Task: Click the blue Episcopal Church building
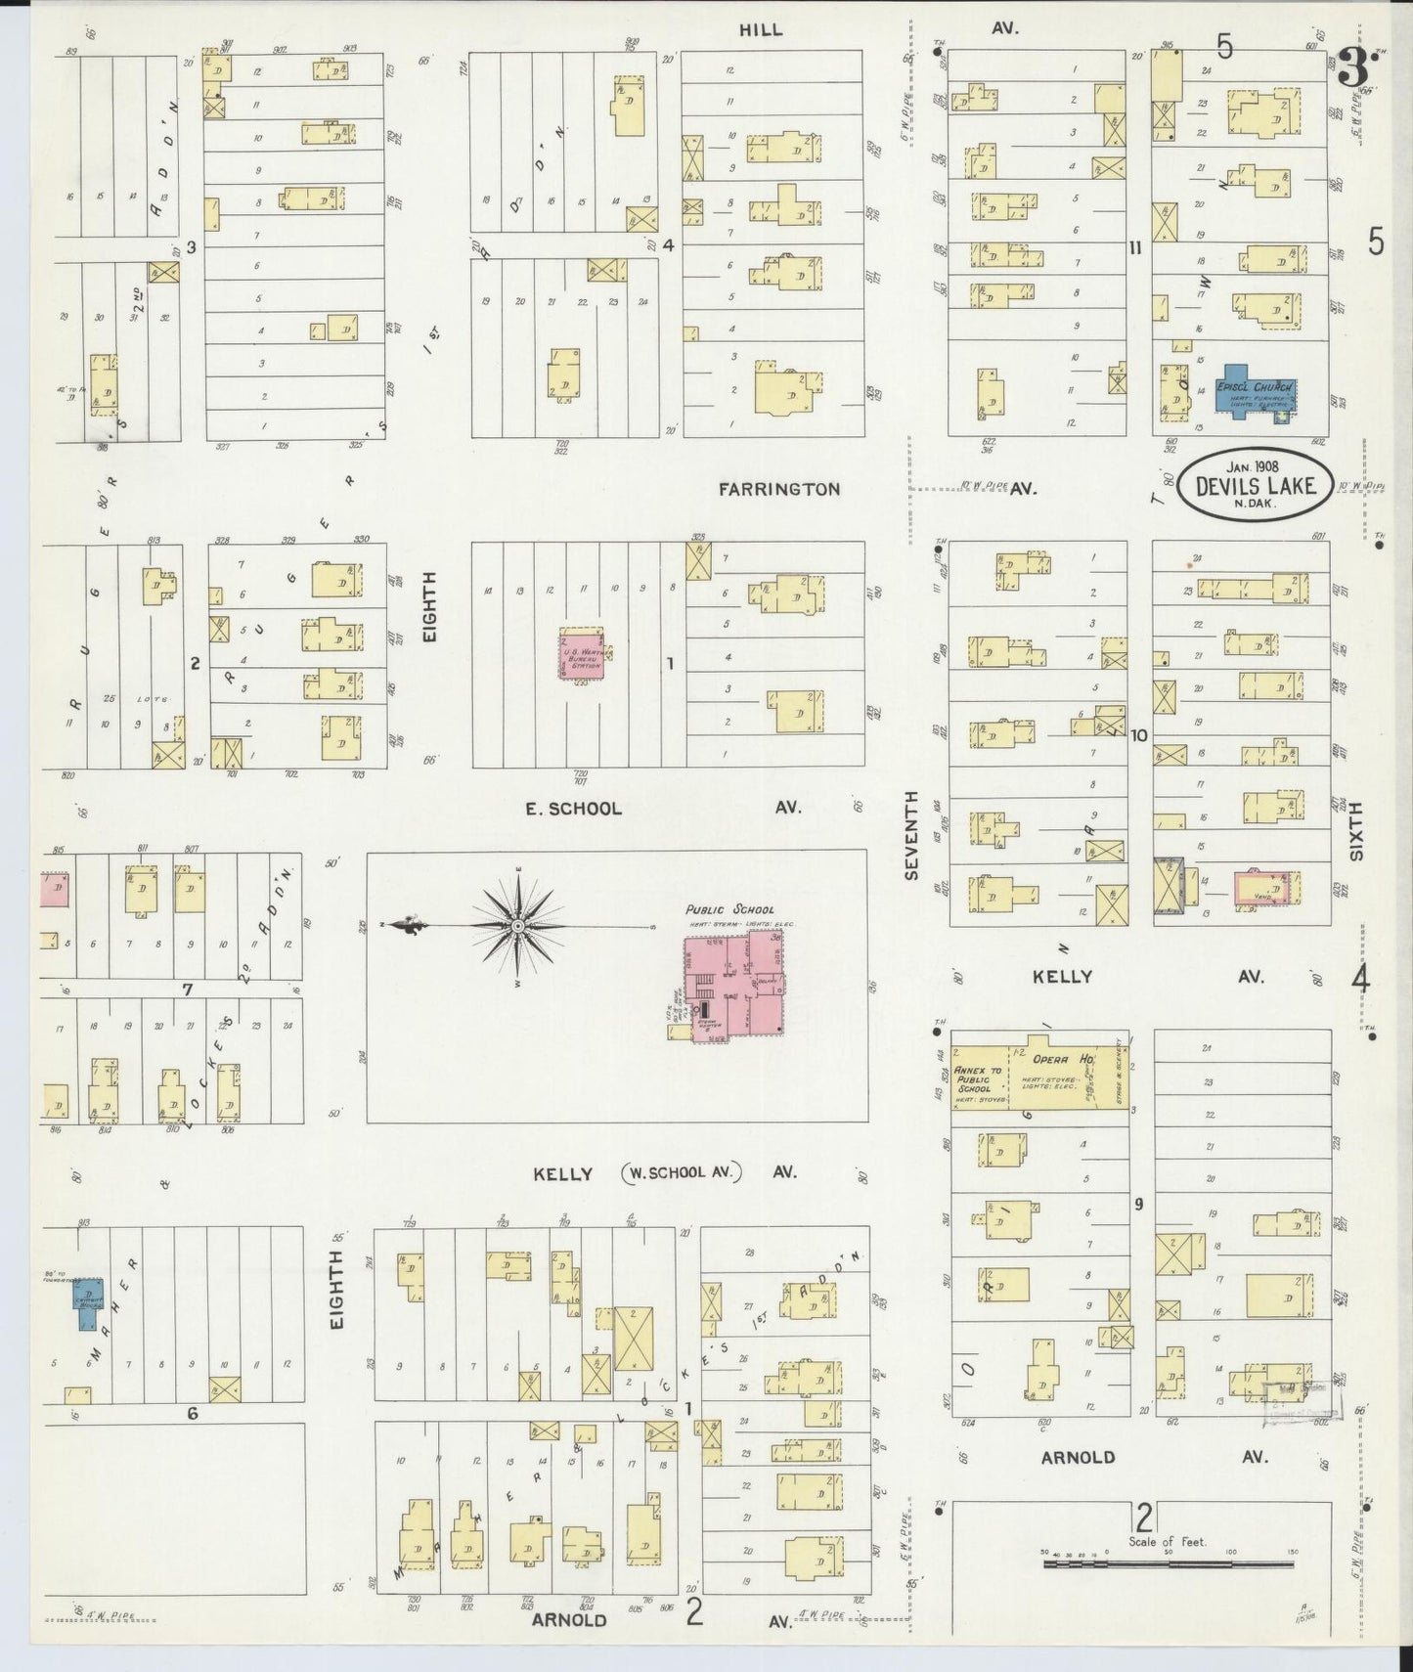click(1255, 395)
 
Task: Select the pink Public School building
click(735, 988)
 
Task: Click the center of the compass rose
click(516, 925)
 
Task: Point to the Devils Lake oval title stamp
click(1256, 482)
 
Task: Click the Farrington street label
click(778, 489)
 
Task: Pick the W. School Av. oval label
click(682, 1171)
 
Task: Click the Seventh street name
click(911, 836)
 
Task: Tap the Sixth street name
click(1355, 831)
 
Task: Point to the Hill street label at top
click(760, 29)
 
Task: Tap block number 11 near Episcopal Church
click(1134, 247)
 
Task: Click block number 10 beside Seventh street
click(1138, 735)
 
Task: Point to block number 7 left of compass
click(188, 990)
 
